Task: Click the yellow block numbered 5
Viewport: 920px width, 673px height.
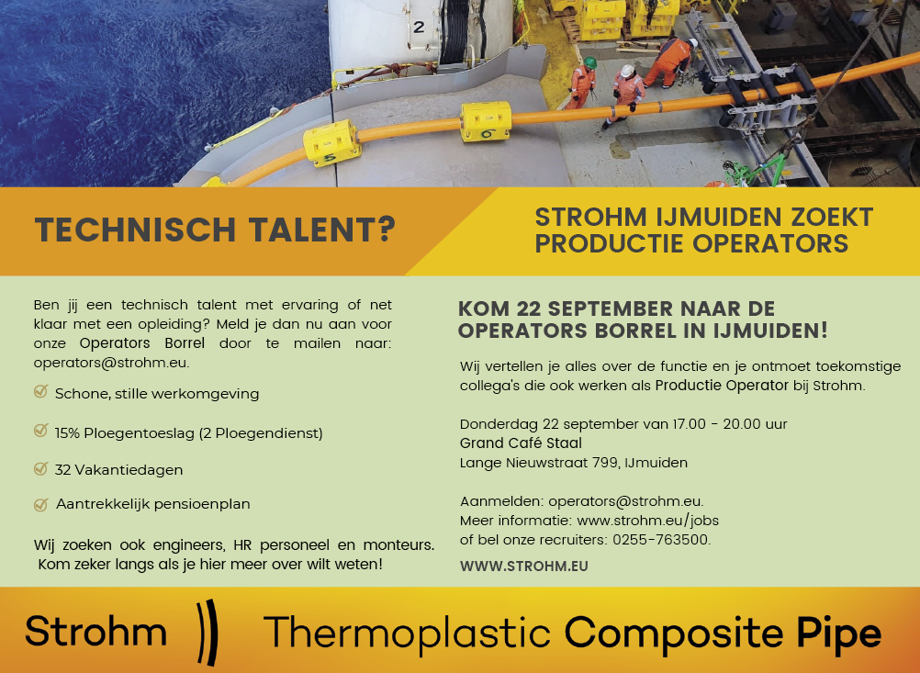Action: tap(331, 143)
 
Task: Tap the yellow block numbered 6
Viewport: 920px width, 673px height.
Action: tap(485, 121)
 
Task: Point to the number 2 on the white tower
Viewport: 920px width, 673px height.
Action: tap(419, 27)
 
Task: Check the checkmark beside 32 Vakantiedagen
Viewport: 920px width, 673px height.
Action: tap(40, 468)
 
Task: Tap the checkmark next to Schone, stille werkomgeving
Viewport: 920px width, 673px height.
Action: tap(40, 391)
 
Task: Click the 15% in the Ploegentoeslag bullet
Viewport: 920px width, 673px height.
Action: tap(67, 433)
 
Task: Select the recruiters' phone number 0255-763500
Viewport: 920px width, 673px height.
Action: tap(660, 539)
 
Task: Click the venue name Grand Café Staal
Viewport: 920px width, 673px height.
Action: tap(521, 443)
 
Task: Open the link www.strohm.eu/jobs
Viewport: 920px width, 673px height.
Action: tap(647, 521)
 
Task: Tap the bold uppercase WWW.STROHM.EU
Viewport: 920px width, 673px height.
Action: tap(524, 566)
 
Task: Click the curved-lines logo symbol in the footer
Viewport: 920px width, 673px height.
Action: tap(208, 632)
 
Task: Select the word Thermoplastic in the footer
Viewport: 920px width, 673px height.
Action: tap(407, 634)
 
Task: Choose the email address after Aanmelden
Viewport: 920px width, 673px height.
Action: tap(624, 501)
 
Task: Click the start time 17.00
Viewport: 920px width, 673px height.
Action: tap(689, 424)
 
